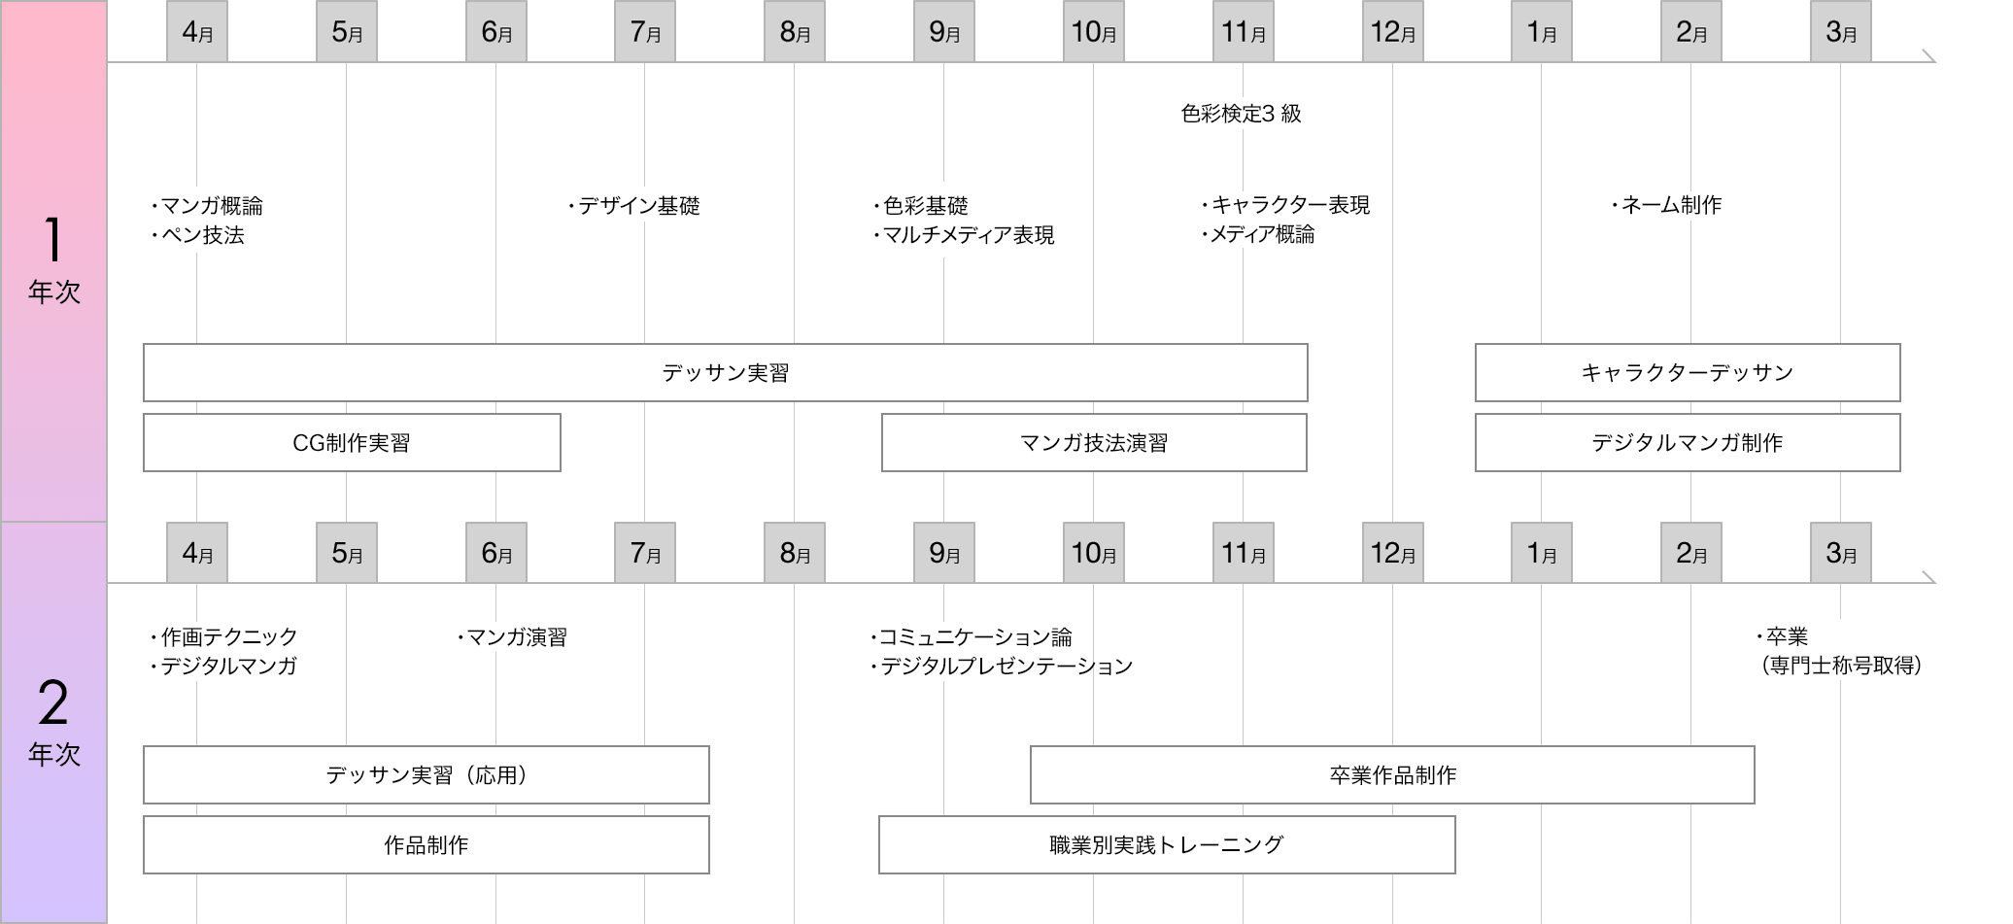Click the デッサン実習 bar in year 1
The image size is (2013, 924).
click(725, 372)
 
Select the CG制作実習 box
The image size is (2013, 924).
click(352, 443)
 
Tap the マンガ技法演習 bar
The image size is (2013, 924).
click(1094, 443)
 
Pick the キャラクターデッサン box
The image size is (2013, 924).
click(1688, 372)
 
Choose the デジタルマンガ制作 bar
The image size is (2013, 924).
click(1688, 443)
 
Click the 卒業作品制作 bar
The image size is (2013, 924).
click(1392, 775)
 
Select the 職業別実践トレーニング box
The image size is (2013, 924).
click(1167, 845)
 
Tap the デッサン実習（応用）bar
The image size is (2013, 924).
click(426, 775)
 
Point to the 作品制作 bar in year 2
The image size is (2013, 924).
click(426, 845)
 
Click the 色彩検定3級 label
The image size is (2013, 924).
click(1241, 114)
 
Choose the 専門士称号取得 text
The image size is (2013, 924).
click(1842, 666)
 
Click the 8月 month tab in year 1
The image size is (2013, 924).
click(795, 32)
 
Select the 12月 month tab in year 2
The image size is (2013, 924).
click(1392, 553)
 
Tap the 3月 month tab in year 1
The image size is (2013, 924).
click(1841, 32)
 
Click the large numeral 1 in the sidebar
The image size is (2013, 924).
click(53, 240)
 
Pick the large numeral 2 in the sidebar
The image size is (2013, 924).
click(53, 702)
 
